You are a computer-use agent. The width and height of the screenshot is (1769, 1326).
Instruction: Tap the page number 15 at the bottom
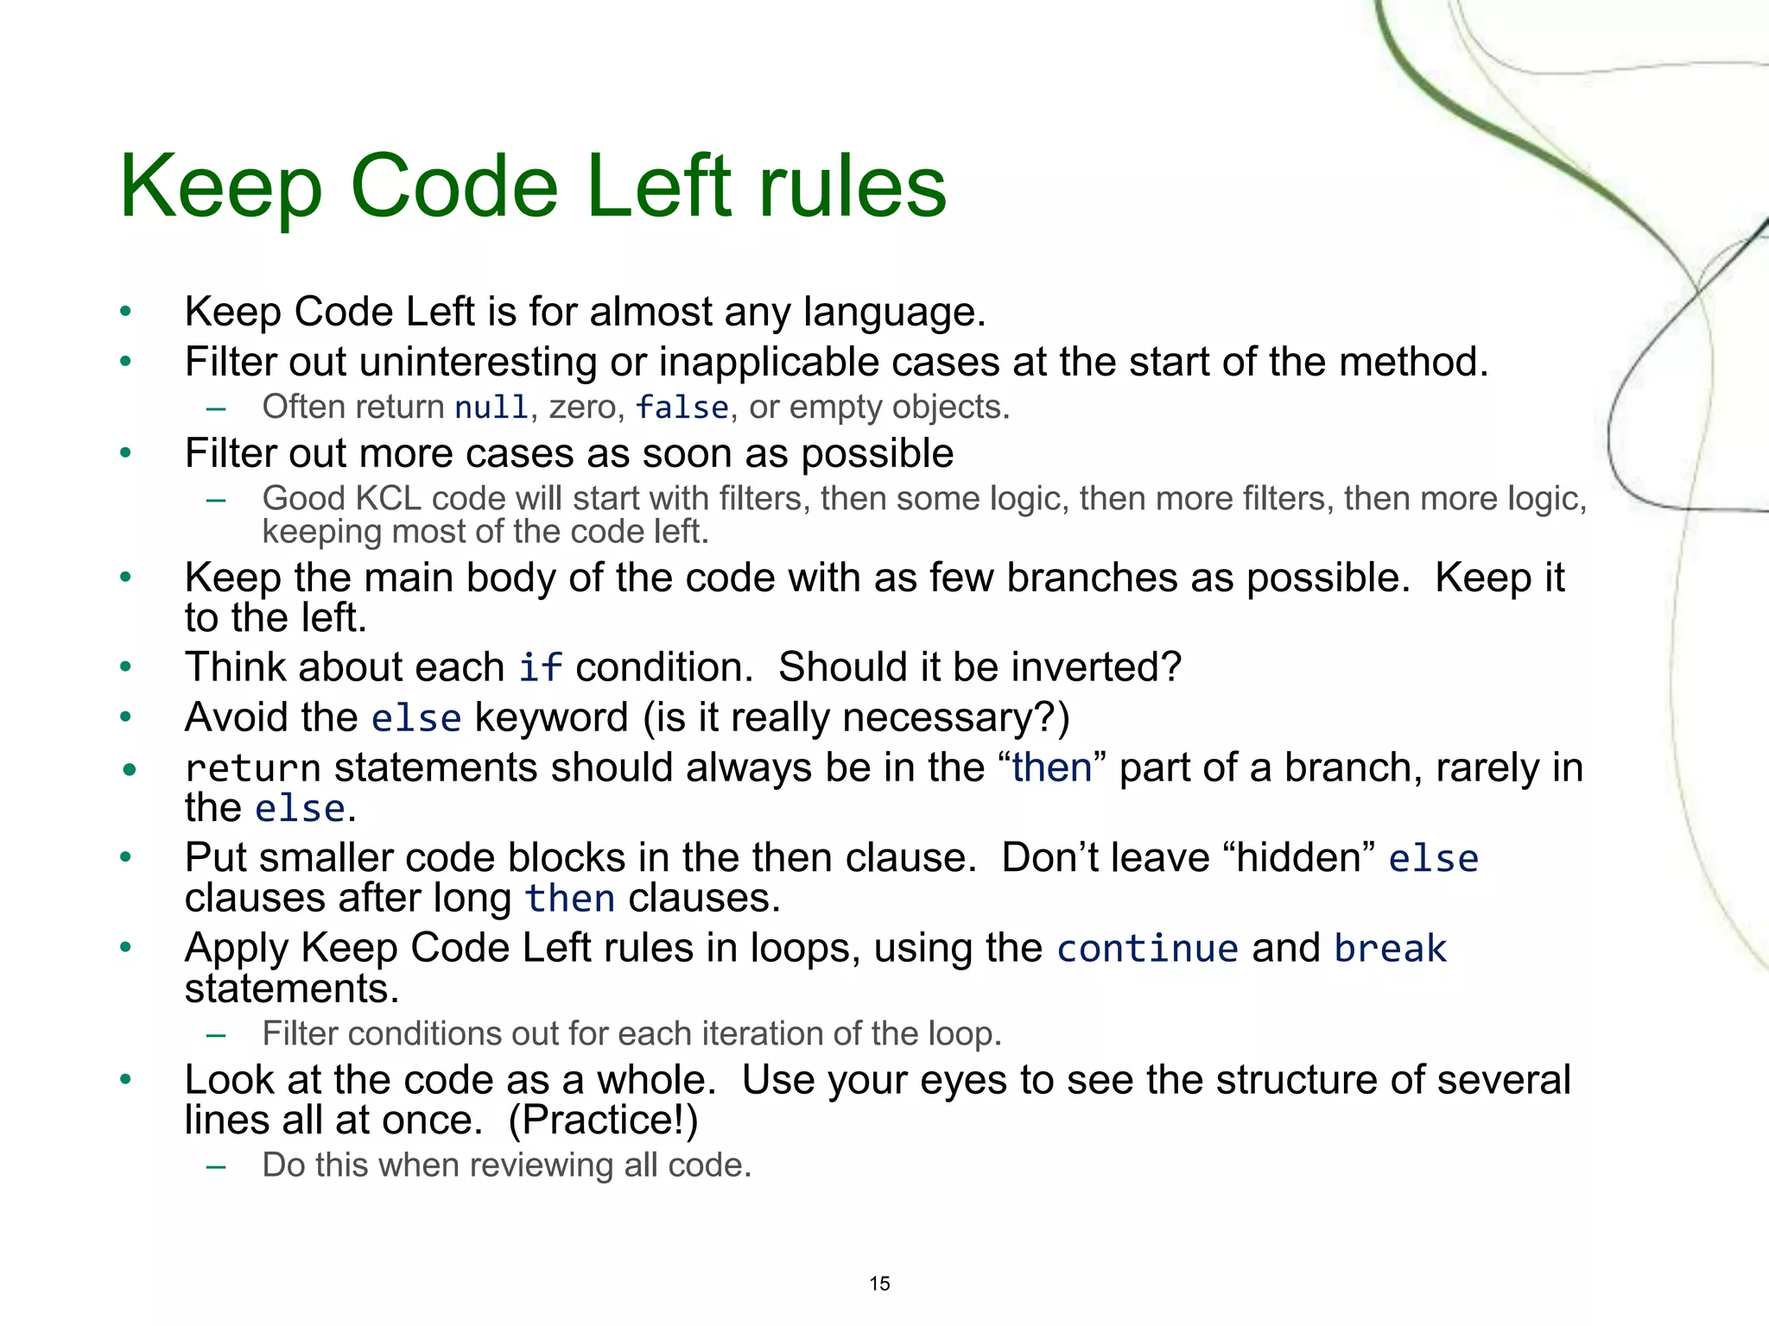879,1284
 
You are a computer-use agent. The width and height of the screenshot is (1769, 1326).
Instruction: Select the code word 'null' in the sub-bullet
491,407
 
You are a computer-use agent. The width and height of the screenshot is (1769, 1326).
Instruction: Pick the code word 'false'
682,407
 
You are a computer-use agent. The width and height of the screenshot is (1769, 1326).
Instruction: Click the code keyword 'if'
540,668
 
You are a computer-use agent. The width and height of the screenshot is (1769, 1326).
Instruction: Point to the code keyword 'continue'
1147,949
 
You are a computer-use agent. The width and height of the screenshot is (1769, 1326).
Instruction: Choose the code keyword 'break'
1390,949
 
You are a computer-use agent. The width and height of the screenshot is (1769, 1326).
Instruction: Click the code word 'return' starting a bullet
252,768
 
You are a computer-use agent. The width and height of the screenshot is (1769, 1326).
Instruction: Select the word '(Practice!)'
603,1121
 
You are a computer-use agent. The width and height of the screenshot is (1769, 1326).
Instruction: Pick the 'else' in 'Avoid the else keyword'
416,718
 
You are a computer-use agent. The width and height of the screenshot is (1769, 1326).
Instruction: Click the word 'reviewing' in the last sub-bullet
541,1165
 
